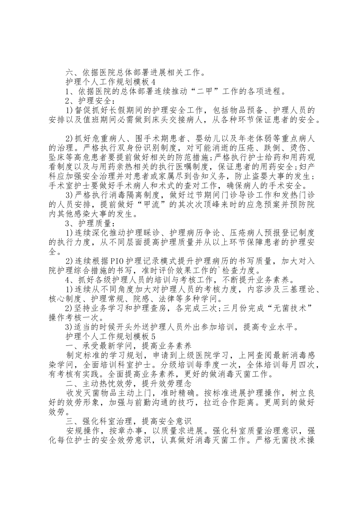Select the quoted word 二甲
pyautogui.click(x=197, y=91)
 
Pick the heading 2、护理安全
pyautogui.click(x=89, y=101)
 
